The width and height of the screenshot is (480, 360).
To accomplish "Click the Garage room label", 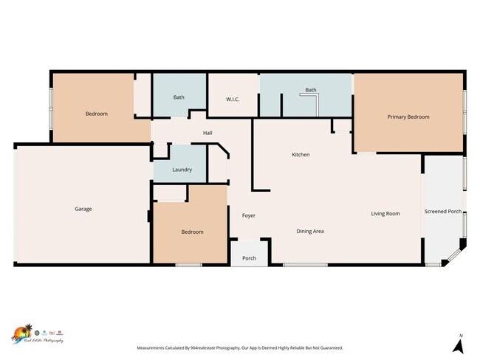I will [x=83, y=209].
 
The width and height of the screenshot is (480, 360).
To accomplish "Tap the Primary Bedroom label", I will [x=408, y=117].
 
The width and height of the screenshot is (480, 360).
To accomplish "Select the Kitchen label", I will [x=301, y=154].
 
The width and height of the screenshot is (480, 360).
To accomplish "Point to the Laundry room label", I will [x=182, y=170].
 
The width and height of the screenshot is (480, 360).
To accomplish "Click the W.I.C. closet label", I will [x=233, y=99].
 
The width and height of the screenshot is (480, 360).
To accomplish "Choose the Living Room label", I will [x=385, y=213].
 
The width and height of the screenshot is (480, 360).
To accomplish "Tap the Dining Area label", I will [x=310, y=231].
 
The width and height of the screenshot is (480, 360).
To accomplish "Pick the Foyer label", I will [x=249, y=215].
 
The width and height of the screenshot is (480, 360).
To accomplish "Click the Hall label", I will [x=208, y=134].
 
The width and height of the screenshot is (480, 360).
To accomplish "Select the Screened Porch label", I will [x=443, y=212].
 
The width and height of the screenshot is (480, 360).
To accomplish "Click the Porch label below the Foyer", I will [x=249, y=258].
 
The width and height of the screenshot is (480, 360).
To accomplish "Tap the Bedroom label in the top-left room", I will [x=96, y=114].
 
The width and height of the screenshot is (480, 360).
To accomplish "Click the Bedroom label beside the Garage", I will [x=192, y=232].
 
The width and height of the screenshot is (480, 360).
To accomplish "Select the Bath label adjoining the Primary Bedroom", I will [x=311, y=90].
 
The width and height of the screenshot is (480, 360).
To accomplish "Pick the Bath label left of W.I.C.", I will [x=179, y=97].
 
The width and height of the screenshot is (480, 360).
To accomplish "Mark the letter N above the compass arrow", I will [x=459, y=336].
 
